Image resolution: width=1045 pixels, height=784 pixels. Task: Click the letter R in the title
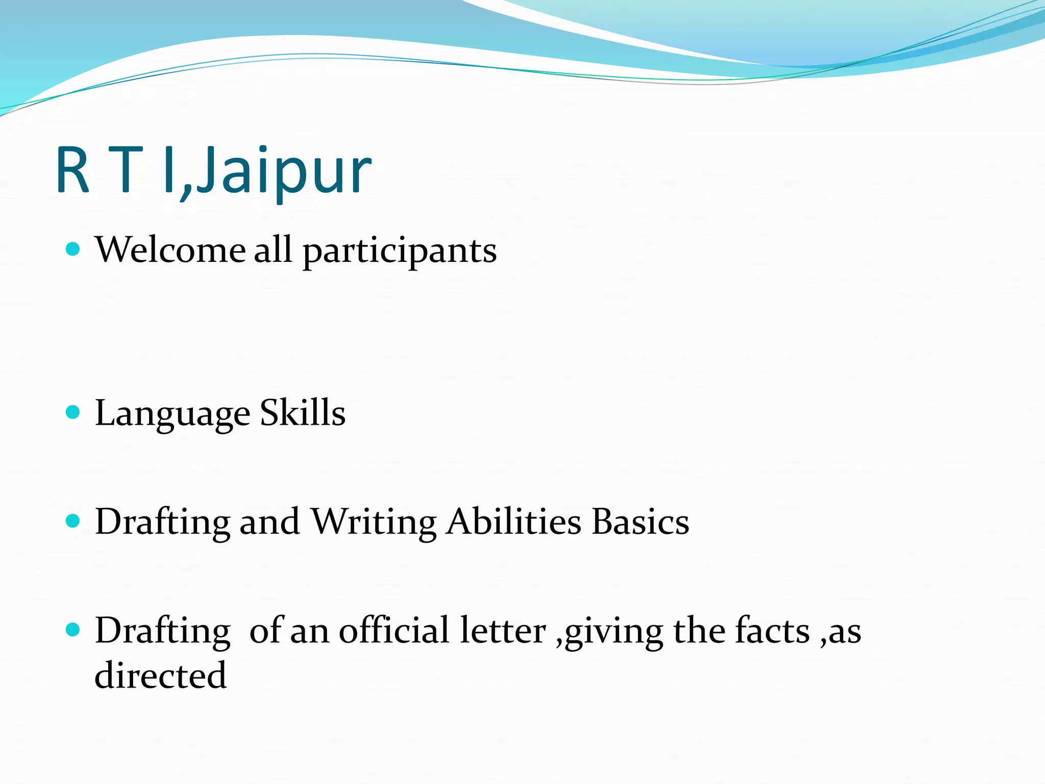click(x=73, y=171)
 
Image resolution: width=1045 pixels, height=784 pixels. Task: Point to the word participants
click(x=400, y=253)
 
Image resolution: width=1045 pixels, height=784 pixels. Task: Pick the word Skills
click(x=303, y=412)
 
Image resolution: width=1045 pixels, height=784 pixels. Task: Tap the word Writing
click(x=374, y=523)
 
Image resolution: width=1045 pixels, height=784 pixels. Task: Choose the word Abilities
click(x=513, y=522)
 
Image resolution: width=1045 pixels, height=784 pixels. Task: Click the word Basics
click(x=640, y=522)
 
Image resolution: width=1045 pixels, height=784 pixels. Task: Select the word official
click(x=394, y=631)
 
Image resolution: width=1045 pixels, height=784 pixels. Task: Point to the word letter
click(x=503, y=631)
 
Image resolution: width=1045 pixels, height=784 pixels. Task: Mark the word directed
click(x=161, y=676)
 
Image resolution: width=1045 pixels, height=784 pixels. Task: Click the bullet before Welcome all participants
click(x=73, y=249)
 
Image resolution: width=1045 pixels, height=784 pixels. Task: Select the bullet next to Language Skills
click(x=73, y=412)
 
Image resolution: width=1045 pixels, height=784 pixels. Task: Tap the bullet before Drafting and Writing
click(x=73, y=521)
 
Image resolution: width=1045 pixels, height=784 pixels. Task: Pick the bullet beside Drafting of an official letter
click(x=73, y=630)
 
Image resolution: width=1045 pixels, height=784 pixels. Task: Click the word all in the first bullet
click(x=273, y=250)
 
